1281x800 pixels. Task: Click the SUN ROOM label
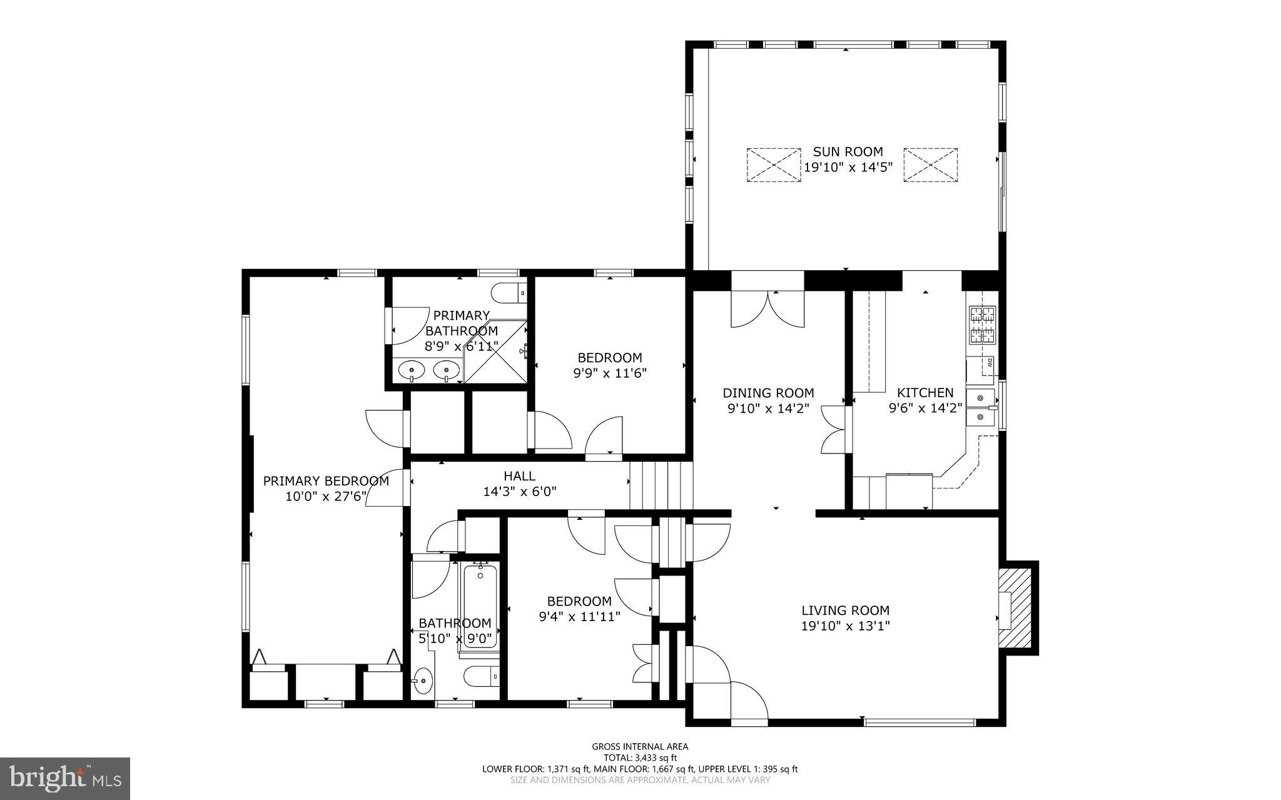[848, 152]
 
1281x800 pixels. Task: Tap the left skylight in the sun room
[774, 165]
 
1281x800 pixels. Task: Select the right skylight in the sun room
[930, 165]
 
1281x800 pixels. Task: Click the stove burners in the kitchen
[982, 325]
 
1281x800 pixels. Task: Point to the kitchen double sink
[980, 407]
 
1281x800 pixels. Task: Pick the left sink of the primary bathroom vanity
[412, 370]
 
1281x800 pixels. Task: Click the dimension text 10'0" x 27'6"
[325, 497]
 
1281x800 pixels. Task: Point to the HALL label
[519, 477]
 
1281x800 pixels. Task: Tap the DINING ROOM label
[768, 393]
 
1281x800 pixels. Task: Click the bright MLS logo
[65, 778]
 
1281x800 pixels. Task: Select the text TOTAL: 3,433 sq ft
[640, 757]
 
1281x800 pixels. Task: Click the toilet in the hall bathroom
[482, 676]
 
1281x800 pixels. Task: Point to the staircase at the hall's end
[661, 486]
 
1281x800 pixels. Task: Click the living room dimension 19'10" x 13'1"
[845, 625]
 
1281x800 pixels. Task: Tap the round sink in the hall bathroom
[423, 680]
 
